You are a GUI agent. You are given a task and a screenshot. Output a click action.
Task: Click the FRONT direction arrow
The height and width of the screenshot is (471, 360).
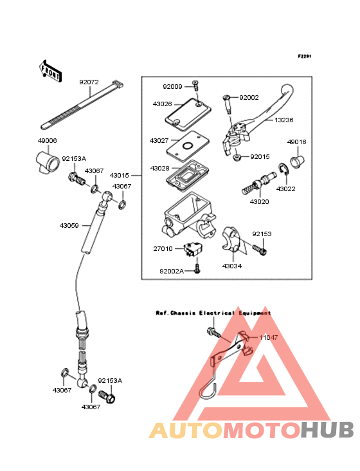tap(50, 71)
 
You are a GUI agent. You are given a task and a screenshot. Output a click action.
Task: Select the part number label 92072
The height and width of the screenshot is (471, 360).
tap(89, 82)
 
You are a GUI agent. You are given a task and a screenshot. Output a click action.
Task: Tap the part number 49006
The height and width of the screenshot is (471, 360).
tap(47, 140)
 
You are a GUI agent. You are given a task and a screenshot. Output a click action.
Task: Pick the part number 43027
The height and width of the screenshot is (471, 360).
tap(159, 140)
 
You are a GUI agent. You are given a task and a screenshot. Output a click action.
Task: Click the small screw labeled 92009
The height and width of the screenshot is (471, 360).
tap(196, 86)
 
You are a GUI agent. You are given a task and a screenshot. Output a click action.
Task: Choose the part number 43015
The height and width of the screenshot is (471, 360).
tap(119, 175)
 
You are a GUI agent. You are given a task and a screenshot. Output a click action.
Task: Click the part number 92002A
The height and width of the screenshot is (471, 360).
tap(172, 272)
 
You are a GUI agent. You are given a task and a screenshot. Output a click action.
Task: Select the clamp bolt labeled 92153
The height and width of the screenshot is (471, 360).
tap(260, 250)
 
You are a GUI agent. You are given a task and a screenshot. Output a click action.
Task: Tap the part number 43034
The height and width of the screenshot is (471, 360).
tap(232, 266)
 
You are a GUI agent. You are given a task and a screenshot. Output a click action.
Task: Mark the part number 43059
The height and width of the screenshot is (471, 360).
tap(69, 225)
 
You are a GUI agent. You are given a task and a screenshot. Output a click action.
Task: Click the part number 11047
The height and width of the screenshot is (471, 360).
tap(269, 337)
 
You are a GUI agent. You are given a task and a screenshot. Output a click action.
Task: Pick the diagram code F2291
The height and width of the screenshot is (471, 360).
tap(305, 56)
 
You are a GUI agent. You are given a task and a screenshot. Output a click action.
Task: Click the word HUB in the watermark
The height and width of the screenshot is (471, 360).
tap(328, 430)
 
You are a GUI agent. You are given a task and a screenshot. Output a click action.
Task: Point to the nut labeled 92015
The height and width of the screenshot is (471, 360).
tap(237, 157)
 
